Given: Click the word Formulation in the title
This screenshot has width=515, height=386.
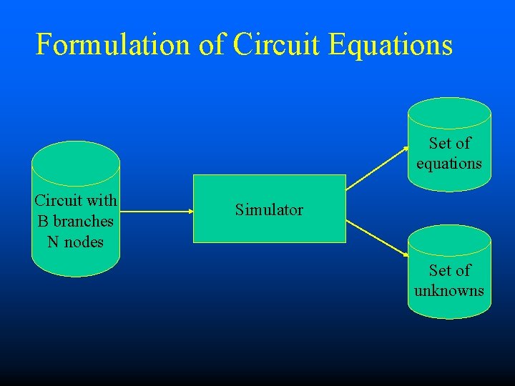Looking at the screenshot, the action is pyautogui.click(x=112, y=44).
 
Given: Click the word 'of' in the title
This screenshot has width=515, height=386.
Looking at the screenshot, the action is pyautogui.click(x=212, y=44).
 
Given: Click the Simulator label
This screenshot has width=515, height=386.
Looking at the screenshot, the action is pyautogui.click(x=269, y=209).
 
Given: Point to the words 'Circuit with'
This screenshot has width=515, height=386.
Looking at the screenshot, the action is pyautogui.click(x=76, y=199).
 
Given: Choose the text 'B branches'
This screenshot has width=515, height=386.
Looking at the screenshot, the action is pyautogui.click(x=75, y=221).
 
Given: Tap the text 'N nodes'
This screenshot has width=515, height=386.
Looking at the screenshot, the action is pyautogui.click(x=75, y=242).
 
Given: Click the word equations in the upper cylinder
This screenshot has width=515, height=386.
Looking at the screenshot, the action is pyautogui.click(x=449, y=164).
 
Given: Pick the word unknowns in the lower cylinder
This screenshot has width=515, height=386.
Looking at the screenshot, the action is pyautogui.click(x=449, y=291).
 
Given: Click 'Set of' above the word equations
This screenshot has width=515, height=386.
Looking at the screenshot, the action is pyautogui.click(x=450, y=143).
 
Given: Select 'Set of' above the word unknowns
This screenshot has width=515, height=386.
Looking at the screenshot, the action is pyautogui.click(x=450, y=270).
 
